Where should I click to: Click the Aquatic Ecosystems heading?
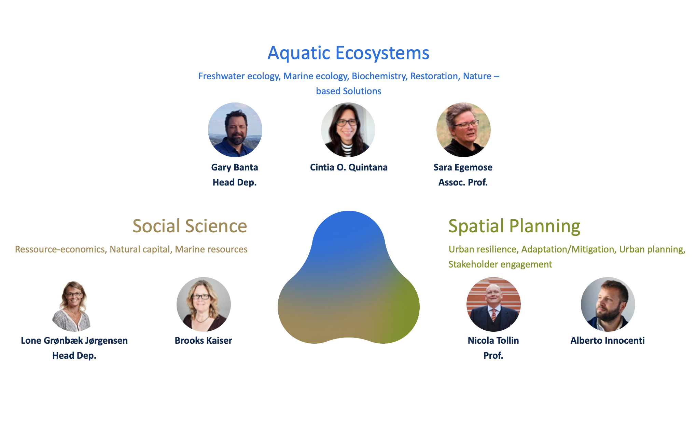coord(348,53)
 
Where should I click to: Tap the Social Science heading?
coord(190,226)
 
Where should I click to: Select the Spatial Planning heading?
coord(514,226)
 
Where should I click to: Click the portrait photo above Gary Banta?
coord(235,130)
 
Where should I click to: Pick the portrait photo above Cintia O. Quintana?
coord(348,130)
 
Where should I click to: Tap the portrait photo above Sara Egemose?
coord(463,130)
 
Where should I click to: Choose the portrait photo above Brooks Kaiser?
coord(204,304)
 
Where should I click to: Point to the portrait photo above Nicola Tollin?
coord(493,304)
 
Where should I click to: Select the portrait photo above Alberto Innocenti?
coord(608,304)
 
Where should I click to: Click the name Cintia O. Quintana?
coord(348,167)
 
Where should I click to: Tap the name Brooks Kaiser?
coord(203,341)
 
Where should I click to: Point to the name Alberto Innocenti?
coord(607,341)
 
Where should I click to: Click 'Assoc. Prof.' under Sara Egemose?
coord(463,182)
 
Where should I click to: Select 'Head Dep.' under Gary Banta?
coord(234,182)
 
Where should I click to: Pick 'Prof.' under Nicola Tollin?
coord(493,356)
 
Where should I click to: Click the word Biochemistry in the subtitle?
coord(379,76)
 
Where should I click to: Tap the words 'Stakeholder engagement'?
coord(500,264)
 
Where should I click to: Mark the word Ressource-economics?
coord(60,249)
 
